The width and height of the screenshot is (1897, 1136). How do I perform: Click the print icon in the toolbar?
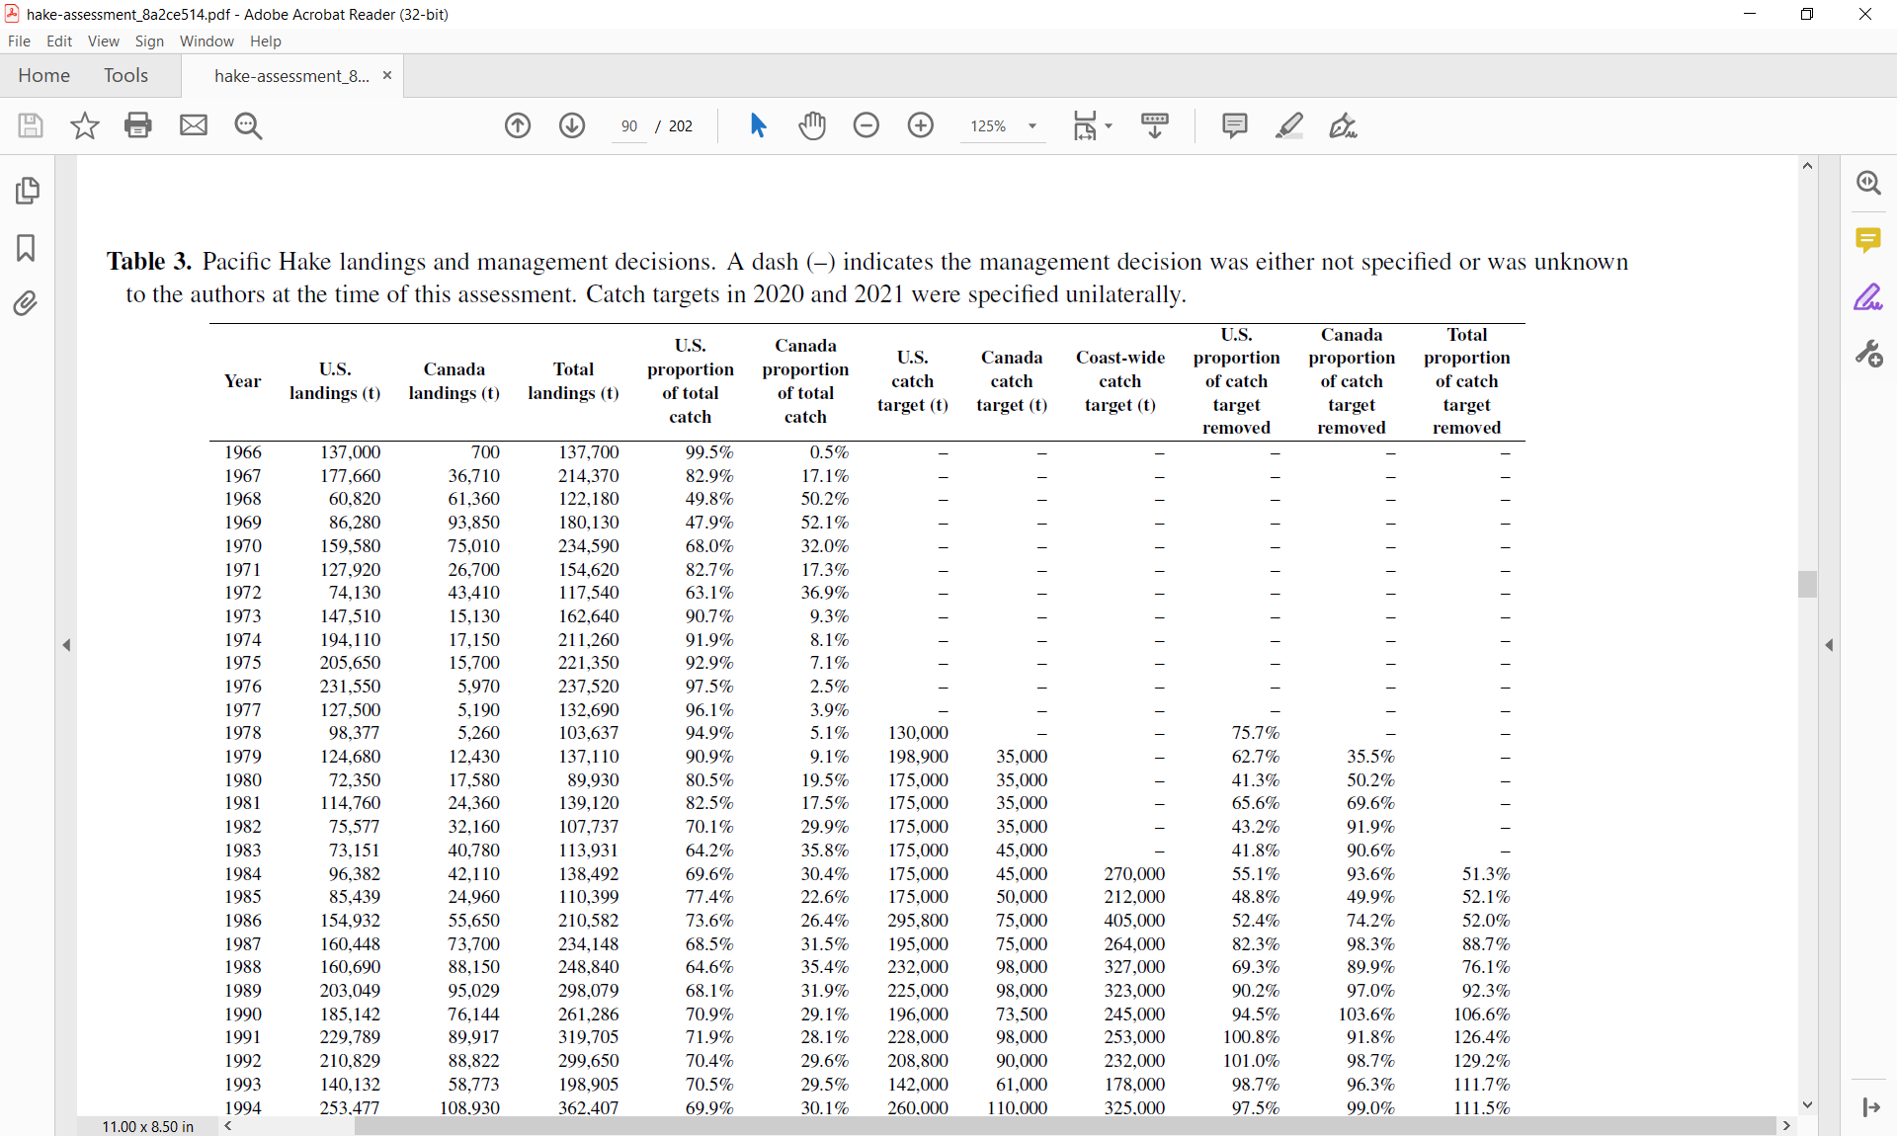click(x=138, y=125)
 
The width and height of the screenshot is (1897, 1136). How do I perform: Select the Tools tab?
click(x=125, y=76)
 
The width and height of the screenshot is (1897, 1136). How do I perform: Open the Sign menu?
click(x=149, y=41)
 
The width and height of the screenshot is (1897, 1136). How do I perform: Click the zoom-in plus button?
click(x=920, y=125)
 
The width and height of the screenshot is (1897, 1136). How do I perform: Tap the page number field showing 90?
click(x=629, y=126)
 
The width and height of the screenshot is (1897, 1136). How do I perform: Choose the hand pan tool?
click(x=812, y=125)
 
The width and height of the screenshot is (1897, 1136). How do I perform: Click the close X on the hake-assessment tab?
click(x=387, y=76)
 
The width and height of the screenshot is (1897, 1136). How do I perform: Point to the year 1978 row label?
click(x=242, y=733)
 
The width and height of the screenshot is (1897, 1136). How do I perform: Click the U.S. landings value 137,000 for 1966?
click(x=350, y=452)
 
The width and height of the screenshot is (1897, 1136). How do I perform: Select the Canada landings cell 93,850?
click(x=473, y=523)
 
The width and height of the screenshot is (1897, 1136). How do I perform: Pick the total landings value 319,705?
click(x=589, y=1037)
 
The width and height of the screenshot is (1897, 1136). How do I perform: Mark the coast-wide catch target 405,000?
click(x=1134, y=921)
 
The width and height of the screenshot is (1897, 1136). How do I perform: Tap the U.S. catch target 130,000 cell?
click(x=918, y=733)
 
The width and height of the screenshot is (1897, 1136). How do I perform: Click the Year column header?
click(x=242, y=381)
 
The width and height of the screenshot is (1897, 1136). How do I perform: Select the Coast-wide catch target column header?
click(x=1119, y=381)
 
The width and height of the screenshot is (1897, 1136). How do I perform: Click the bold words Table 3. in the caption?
click(x=149, y=262)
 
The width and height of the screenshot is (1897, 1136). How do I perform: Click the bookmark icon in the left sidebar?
click(x=27, y=247)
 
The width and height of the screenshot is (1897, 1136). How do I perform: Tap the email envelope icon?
click(x=194, y=125)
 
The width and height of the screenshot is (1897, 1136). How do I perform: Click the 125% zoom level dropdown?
click(x=1003, y=126)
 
